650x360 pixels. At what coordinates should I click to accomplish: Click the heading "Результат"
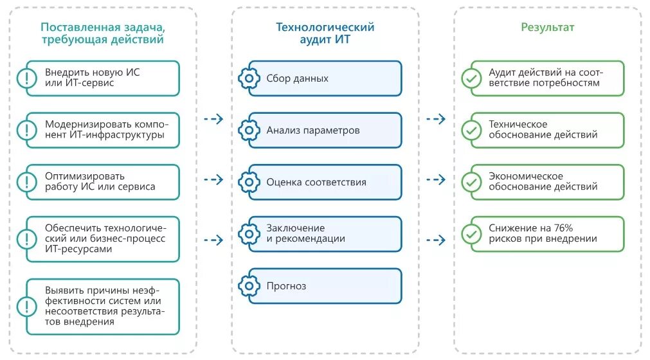(x=547, y=28)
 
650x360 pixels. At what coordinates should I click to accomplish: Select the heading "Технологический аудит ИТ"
(x=325, y=33)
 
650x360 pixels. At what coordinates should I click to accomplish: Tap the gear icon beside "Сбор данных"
(x=249, y=78)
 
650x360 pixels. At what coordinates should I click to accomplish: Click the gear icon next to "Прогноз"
(x=249, y=286)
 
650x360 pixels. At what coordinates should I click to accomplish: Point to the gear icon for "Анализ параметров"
(x=249, y=130)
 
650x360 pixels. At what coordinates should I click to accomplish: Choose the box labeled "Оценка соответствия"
(x=325, y=183)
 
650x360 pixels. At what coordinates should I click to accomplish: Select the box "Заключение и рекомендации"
(x=325, y=234)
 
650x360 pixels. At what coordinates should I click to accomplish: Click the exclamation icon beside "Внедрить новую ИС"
(x=27, y=78)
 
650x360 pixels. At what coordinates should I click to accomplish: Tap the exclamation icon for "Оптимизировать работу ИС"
(x=27, y=182)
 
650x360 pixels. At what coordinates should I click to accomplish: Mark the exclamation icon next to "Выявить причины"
(x=27, y=307)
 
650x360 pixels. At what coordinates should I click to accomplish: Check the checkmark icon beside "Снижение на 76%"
(x=471, y=234)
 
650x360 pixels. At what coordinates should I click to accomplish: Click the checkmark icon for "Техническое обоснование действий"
(x=471, y=130)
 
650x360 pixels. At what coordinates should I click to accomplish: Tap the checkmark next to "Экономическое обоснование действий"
(x=471, y=183)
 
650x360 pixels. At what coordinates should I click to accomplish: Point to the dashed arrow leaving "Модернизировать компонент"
(x=213, y=119)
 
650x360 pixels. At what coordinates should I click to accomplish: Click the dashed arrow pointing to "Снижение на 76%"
(x=435, y=240)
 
